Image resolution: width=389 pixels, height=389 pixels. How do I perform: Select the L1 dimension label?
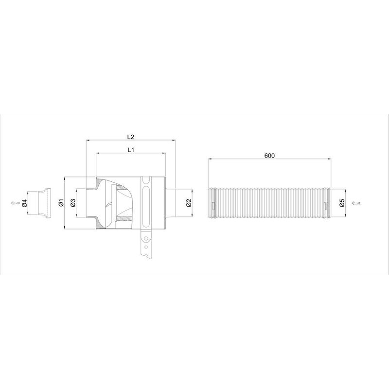tap(131, 150)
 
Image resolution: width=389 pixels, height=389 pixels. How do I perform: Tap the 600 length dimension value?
tap(270, 156)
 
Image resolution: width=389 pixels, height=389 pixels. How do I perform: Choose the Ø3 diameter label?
tap(72, 202)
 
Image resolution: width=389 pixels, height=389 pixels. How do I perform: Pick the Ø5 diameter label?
tap(342, 203)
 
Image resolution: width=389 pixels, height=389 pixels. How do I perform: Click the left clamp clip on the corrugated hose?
tap(213, 203)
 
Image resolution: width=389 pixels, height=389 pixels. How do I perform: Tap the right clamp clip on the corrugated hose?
tap(325, 203)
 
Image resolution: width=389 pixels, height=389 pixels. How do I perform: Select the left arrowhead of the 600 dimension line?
tap(210, 159)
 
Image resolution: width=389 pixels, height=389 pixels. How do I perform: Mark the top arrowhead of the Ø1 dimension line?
tap(65, 178)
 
